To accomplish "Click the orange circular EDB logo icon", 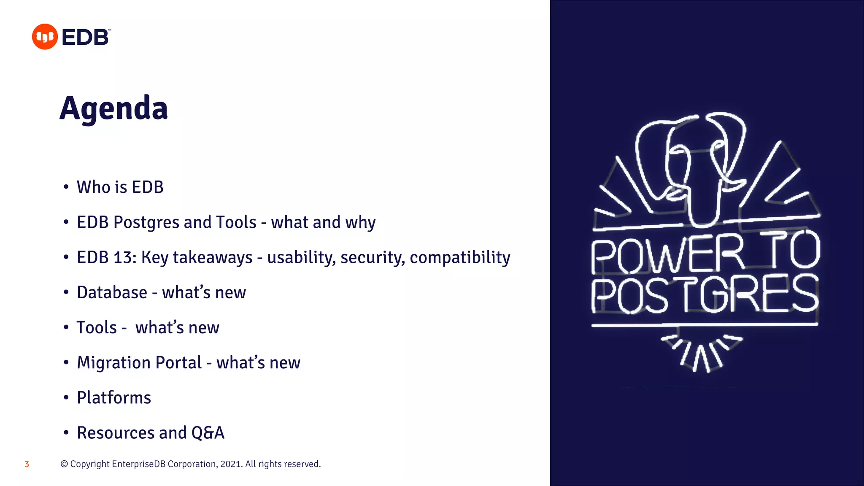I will (x=45, y=37).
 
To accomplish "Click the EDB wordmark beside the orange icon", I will (x=86, y=37).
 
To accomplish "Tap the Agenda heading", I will (x=114, y=108).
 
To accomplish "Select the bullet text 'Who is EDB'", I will (x=120, y=187).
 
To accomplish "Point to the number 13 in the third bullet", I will (x=122, y=257).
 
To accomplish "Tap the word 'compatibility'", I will (x=460, y=257).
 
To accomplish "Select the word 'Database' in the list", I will (x=112, y=292).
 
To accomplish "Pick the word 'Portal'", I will (x=179, y=363).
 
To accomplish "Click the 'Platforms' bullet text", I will (x=114, y=398).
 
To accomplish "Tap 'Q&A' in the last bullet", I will (x=208, y=433).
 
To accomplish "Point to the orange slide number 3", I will (x=27, y=464).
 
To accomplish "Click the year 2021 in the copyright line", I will (x=230, y=464).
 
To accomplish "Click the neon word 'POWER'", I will (x=667, y=255).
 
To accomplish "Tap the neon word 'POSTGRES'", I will (x=705, y=294).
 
